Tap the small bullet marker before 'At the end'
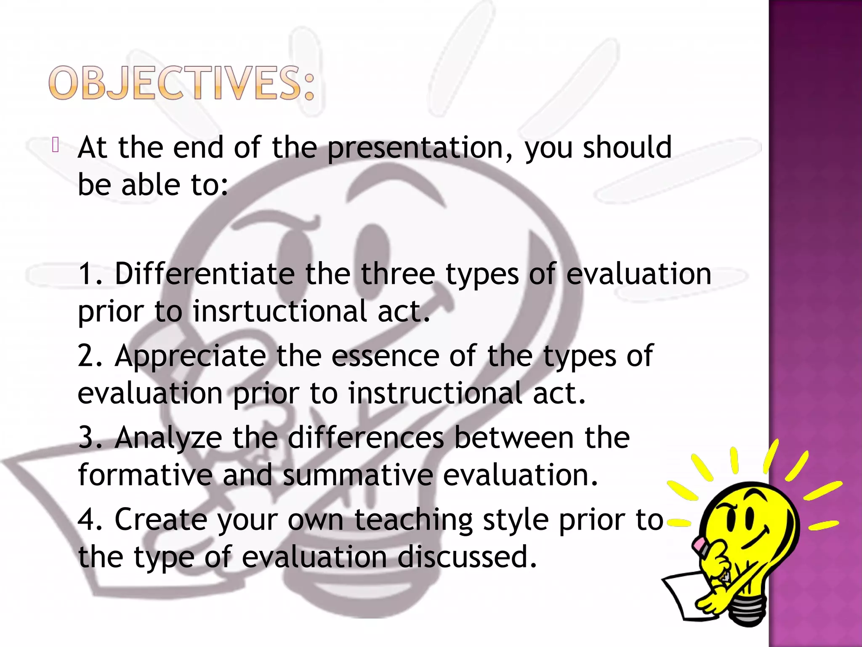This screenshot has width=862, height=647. click(x=56, y=145)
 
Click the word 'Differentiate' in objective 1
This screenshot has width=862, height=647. click(x=205, y=274)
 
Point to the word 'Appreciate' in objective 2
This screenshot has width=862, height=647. click(x=190, y=356)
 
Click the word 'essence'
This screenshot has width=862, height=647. click(x=385, y=356)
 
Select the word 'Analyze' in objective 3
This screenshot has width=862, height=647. click(x=168, y=438)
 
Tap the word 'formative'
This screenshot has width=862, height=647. click(x=145, y=475)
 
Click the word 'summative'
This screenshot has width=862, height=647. click(x=358, y=475)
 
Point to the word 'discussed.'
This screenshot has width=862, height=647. click(x=467, y=557)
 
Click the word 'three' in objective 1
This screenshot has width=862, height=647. click(x=398, y=274)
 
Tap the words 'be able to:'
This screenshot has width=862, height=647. click(x=153, y=185)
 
